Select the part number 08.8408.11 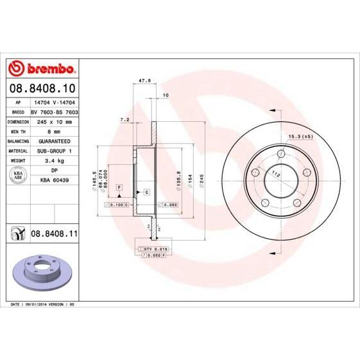pyautogui.click(x=55, y=236)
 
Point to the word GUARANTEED pyautogui.click(x=53, y=140)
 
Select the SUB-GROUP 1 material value pyautogui.click(x=53, y=150)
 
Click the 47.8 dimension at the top pyautogui.click(x=145, y=81)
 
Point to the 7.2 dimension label pyautogui.click(x=125, y=120)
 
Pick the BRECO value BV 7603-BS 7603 pyautogui.click(x=55, y=111)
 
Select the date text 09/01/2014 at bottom pyautogui.click(x=37, y=304)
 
